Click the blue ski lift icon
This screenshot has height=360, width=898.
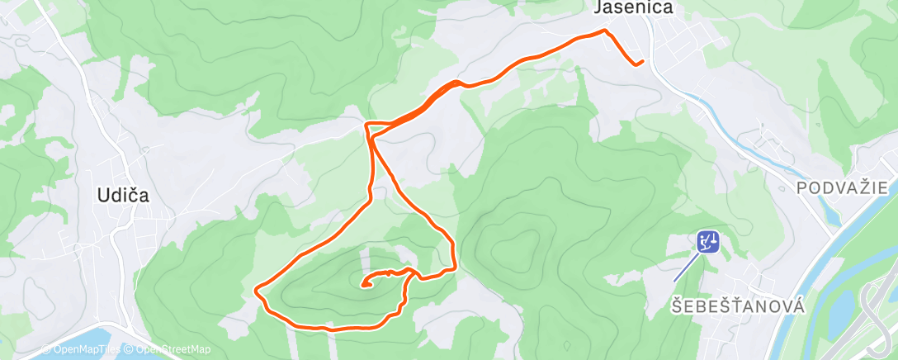click(707, 242)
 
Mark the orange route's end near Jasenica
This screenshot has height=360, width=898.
click(641, 61)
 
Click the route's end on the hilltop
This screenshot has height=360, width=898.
click(364, 286)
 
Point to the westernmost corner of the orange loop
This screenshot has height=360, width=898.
click(257, 290)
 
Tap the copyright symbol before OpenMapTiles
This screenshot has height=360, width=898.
click(46, 349)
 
